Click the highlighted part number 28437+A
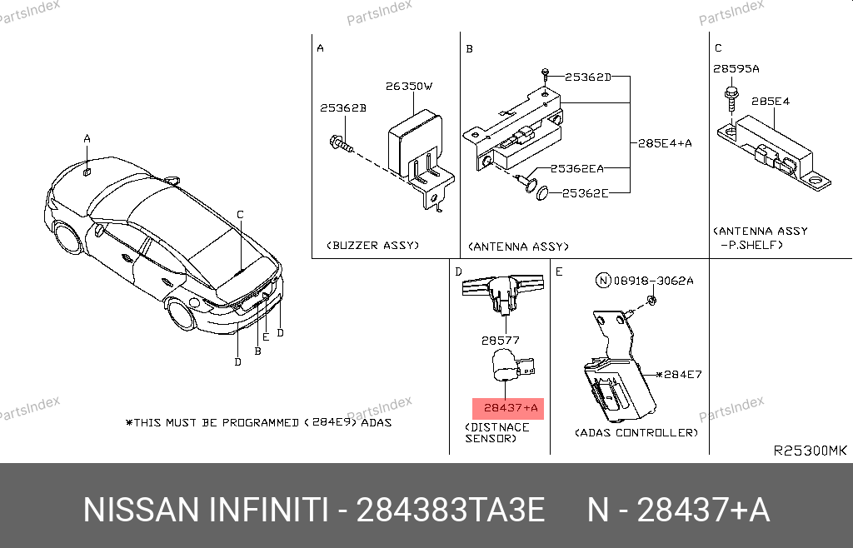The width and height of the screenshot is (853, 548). click(511, 408)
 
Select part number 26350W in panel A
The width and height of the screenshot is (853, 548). click(409, 86)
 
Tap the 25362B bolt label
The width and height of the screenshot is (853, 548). click(342, 107)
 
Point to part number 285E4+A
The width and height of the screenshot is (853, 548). click(665, 143)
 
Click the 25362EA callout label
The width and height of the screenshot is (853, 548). click(576, 168)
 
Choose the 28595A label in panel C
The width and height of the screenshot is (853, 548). click(736, 68)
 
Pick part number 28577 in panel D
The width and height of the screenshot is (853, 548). click(501, 341)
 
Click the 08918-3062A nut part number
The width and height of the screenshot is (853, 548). click(653, 281)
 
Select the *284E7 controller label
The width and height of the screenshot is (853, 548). click(679, 374)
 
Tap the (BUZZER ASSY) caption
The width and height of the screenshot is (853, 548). click(372, 245)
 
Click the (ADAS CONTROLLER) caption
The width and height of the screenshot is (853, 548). click(636, 433)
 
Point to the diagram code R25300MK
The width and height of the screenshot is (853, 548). click(810, 451)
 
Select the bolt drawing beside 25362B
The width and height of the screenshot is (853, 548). click(341, 144)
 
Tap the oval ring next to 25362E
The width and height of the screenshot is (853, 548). click(542, 192)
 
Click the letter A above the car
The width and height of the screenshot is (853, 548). click(87, 138)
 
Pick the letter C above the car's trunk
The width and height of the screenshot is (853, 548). click(240, 215)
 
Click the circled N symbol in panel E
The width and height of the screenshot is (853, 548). click(603, 281)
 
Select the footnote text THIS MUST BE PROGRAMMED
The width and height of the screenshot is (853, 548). click(217, 422)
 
